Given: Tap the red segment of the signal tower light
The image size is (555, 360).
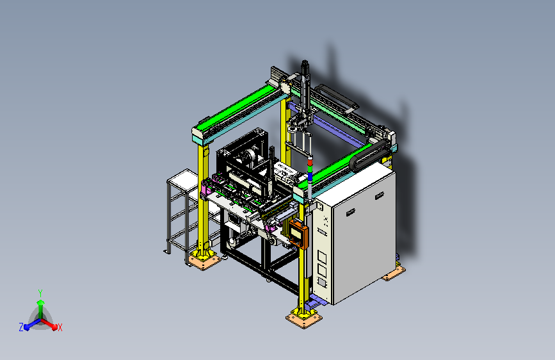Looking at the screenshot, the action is (x=310, y=162).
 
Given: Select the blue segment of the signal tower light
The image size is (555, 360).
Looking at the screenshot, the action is (x=310, y=176).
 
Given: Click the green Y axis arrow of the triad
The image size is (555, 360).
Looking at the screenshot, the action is (x=41, y=309).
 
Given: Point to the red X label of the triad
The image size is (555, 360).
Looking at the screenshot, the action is (x=60, y=328).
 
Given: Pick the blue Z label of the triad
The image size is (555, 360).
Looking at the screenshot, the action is (x=21, y=327).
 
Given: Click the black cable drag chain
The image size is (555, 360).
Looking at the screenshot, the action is (x=368, y=155).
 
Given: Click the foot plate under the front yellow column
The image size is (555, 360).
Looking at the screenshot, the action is (x=304, y=319).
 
